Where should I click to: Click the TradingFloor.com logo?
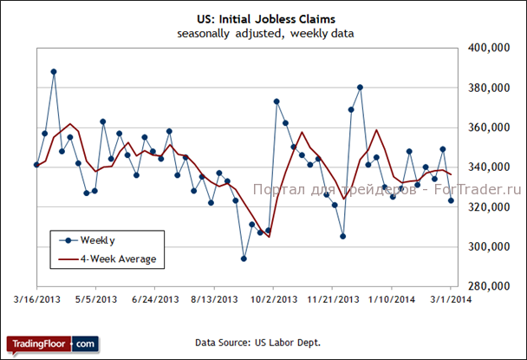tap(52, 344)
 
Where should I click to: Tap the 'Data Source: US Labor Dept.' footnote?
tap(258, 343)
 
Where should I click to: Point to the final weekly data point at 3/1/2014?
tap(451, 200)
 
